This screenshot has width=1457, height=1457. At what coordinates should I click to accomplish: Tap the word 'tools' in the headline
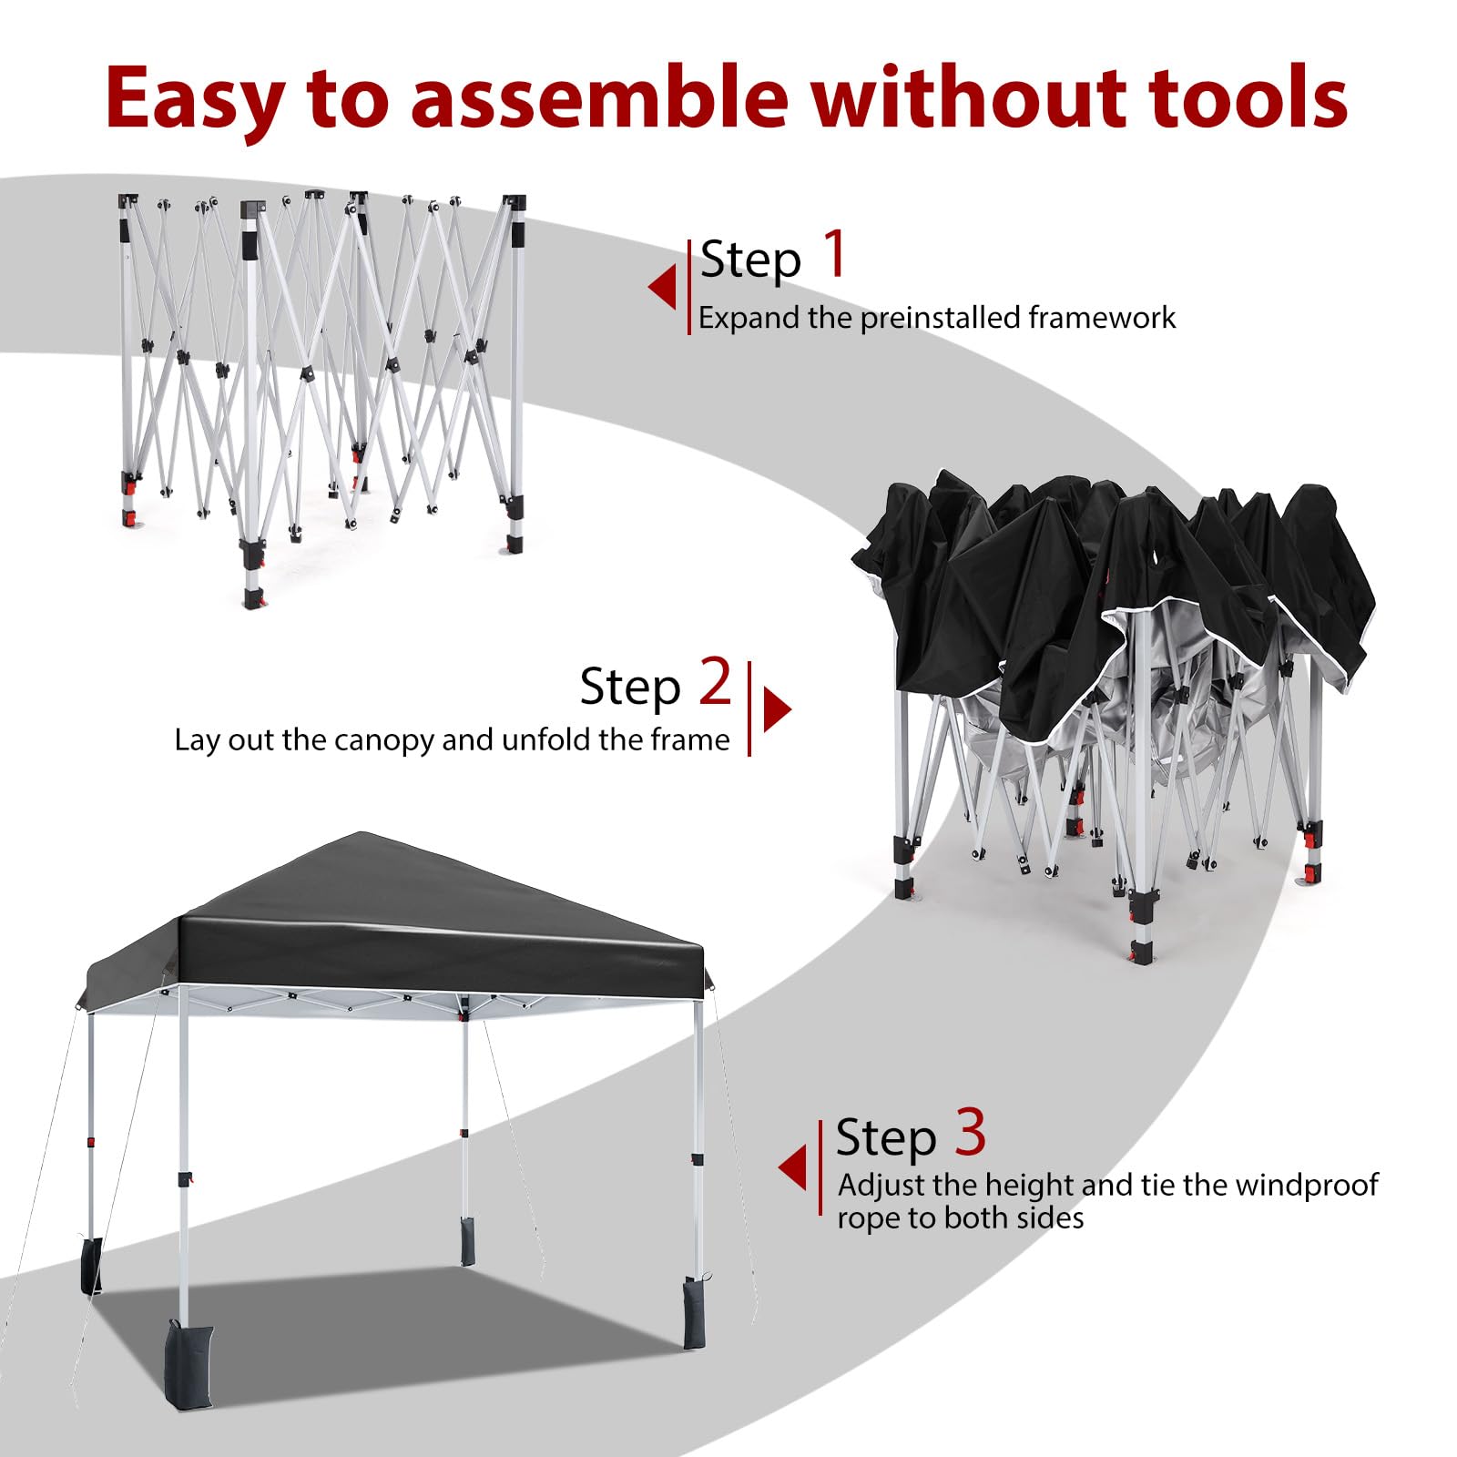click(x=1248, y=96)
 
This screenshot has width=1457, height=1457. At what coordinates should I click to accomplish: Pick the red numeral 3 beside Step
click(x=971, y=1132)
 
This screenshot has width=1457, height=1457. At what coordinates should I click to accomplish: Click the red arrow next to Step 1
click(x=662, y=287)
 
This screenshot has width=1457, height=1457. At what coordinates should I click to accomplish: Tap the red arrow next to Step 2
click(x=777, y=709)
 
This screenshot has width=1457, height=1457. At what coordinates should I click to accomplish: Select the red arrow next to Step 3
click(x=793, y=1167)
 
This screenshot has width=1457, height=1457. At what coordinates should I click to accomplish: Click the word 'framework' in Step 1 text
click(x=1102, y=318)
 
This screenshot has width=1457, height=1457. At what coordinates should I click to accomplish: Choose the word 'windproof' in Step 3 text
click(x=1308, y=1186)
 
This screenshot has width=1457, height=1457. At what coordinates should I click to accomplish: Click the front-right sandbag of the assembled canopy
click(x=694, y=1312)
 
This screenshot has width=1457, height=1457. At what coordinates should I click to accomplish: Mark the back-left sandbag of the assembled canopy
click(x=91, y=1265)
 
